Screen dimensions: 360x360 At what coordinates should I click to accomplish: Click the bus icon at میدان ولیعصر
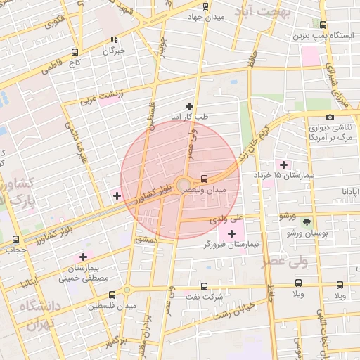coord(204,179)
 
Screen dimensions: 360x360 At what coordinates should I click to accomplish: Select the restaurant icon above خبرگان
coord(114,39)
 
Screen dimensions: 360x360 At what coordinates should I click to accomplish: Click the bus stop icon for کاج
coord(75,52)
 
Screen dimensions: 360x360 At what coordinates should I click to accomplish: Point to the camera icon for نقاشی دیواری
coord(330,117)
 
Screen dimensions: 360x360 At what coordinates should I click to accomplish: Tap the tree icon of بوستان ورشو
coord(306,223)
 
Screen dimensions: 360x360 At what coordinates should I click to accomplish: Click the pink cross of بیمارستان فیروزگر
coord(231,233)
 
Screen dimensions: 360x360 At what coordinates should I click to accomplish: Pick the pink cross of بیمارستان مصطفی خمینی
coord(84,257)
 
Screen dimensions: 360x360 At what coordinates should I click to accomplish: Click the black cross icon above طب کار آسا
coord(189,105)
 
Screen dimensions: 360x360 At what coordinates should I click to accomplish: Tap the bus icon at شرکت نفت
coord(204,286)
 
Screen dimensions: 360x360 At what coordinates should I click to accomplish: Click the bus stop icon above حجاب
coord(15,239)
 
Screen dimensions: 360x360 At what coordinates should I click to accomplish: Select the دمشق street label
coord(150,240)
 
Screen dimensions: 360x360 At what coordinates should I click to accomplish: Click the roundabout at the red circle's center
coord(181,184)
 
